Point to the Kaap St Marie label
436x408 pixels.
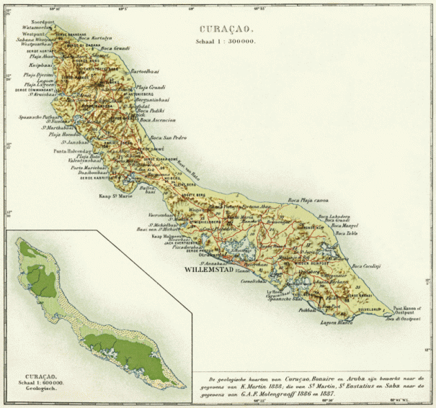[x=115, y=194]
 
